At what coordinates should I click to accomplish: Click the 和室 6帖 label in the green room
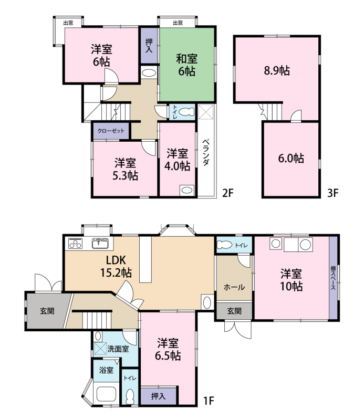pos(187,65)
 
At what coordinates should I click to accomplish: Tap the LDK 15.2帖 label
pos(116,266)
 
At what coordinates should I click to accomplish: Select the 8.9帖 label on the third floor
pos(277,71)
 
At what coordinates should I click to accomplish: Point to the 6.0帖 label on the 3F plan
pos(291,159)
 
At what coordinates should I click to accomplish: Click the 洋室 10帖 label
pos(292,280)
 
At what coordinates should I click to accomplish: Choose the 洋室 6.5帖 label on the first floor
pos(168,349)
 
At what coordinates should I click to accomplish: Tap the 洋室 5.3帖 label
pos(125,169)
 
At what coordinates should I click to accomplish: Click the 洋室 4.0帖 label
pos(177,160)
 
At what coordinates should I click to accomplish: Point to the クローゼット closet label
pos(111,131)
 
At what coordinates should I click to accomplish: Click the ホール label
pos(234,287)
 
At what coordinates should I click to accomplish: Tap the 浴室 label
pos(107,370)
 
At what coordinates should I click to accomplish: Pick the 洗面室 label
pos(118,349)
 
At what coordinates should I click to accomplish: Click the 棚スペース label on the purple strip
pos(333,278)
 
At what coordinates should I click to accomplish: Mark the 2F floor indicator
pos(228,193)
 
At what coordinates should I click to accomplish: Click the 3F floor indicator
pos(333,193)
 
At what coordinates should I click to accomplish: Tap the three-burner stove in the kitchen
pos(75,243)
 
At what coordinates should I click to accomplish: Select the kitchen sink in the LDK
pos(100,243)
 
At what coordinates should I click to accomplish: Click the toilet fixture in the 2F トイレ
pos(186,112)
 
